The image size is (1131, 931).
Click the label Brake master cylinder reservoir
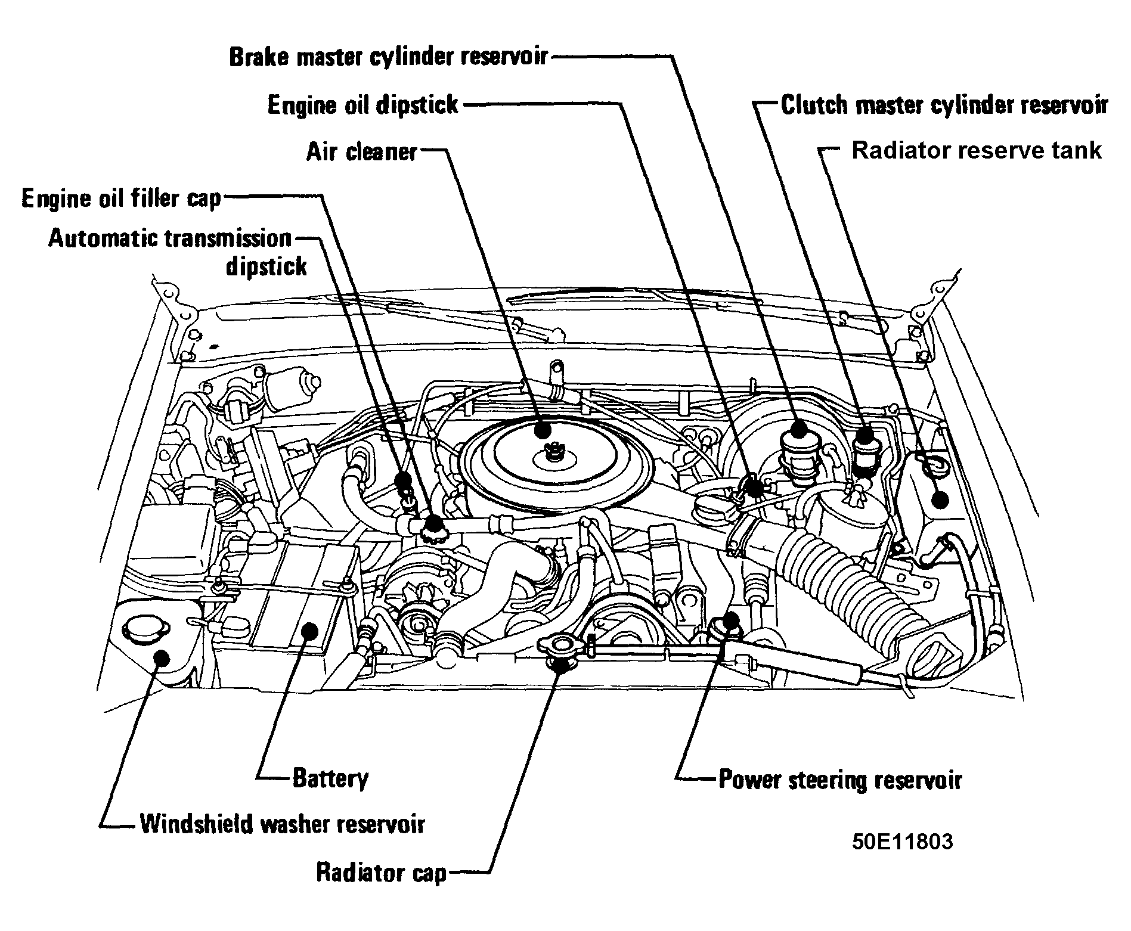(x=388, y=57)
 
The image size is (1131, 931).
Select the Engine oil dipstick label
(x=363, y=105)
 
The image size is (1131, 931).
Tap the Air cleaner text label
(x=362, y=151)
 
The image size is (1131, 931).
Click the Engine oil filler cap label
(x=121, y=198)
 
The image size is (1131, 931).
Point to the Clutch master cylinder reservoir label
(x=944, y=105)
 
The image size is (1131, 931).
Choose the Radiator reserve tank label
(x=976, y=150)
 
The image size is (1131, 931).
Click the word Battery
(x=330, y=778)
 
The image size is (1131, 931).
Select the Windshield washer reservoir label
(x=282, y=825)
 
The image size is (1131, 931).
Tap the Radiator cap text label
(x=381, y=873)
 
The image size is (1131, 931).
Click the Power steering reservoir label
(x=840, y=780)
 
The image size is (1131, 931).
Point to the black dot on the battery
(x=309, y=630)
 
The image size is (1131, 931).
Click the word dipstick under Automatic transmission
(x=266, y=266)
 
